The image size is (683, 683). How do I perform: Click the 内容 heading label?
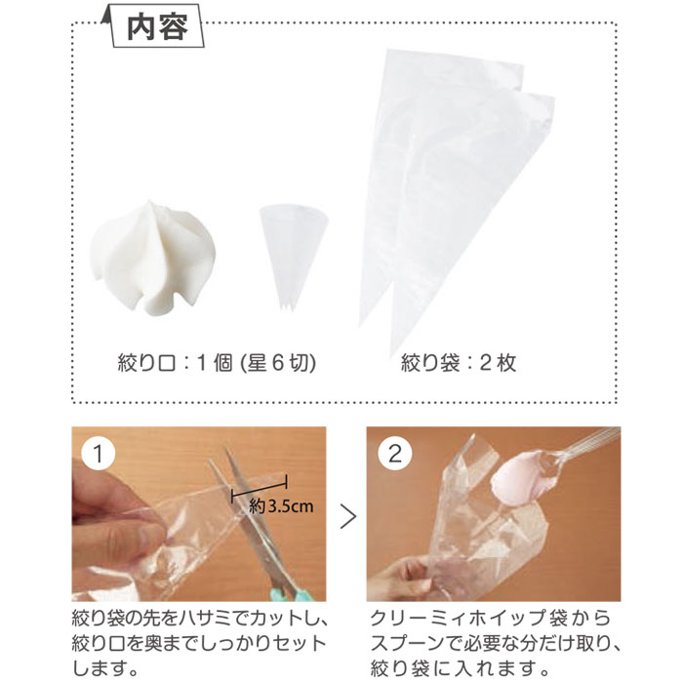(157, 27)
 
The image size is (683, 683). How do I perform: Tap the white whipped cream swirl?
(152, 258)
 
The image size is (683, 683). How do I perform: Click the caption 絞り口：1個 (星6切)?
(217, 362)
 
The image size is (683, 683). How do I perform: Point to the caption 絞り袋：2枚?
(459, 362)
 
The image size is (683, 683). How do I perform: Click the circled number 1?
(98, 454)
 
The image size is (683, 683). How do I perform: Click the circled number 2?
(394, 454)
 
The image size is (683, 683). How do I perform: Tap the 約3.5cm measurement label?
(281, 506)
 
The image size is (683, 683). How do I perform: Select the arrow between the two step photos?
(348, 516)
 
